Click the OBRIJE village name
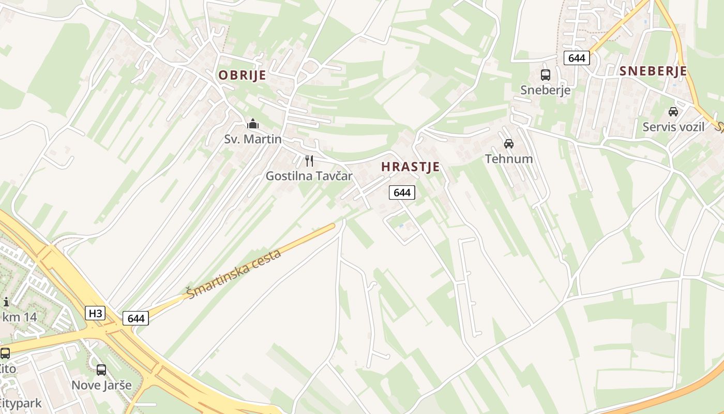[242, 76]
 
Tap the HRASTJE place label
[410, 167]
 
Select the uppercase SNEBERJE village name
[653, 71]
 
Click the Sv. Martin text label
[253, 139]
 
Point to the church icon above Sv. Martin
[253, 124]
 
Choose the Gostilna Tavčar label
[309, 176]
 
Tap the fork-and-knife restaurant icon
[309, 160]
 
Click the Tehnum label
[509, 159]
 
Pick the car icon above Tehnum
[509, 143]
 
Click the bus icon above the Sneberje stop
[546, 75]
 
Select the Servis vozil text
[673, 127]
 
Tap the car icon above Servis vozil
[673, 111]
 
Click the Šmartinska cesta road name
[234, 274]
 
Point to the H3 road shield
[95, 313]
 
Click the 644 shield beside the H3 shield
[135, 318]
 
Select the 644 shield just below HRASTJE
[402, 193]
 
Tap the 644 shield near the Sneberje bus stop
[577, 58]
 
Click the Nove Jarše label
[101, 385]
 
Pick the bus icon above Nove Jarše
[101, 369]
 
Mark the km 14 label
[19, 317]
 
